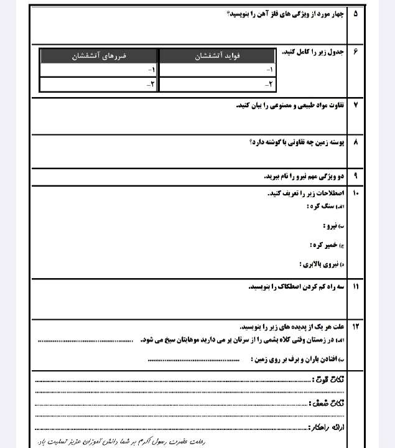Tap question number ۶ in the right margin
[x=355, y=52]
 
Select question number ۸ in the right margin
[x=355, y=142]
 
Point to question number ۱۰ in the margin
[x=355, y=194]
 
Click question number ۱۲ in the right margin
[x=355, y=326]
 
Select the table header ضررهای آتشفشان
[x=100, y=56]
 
